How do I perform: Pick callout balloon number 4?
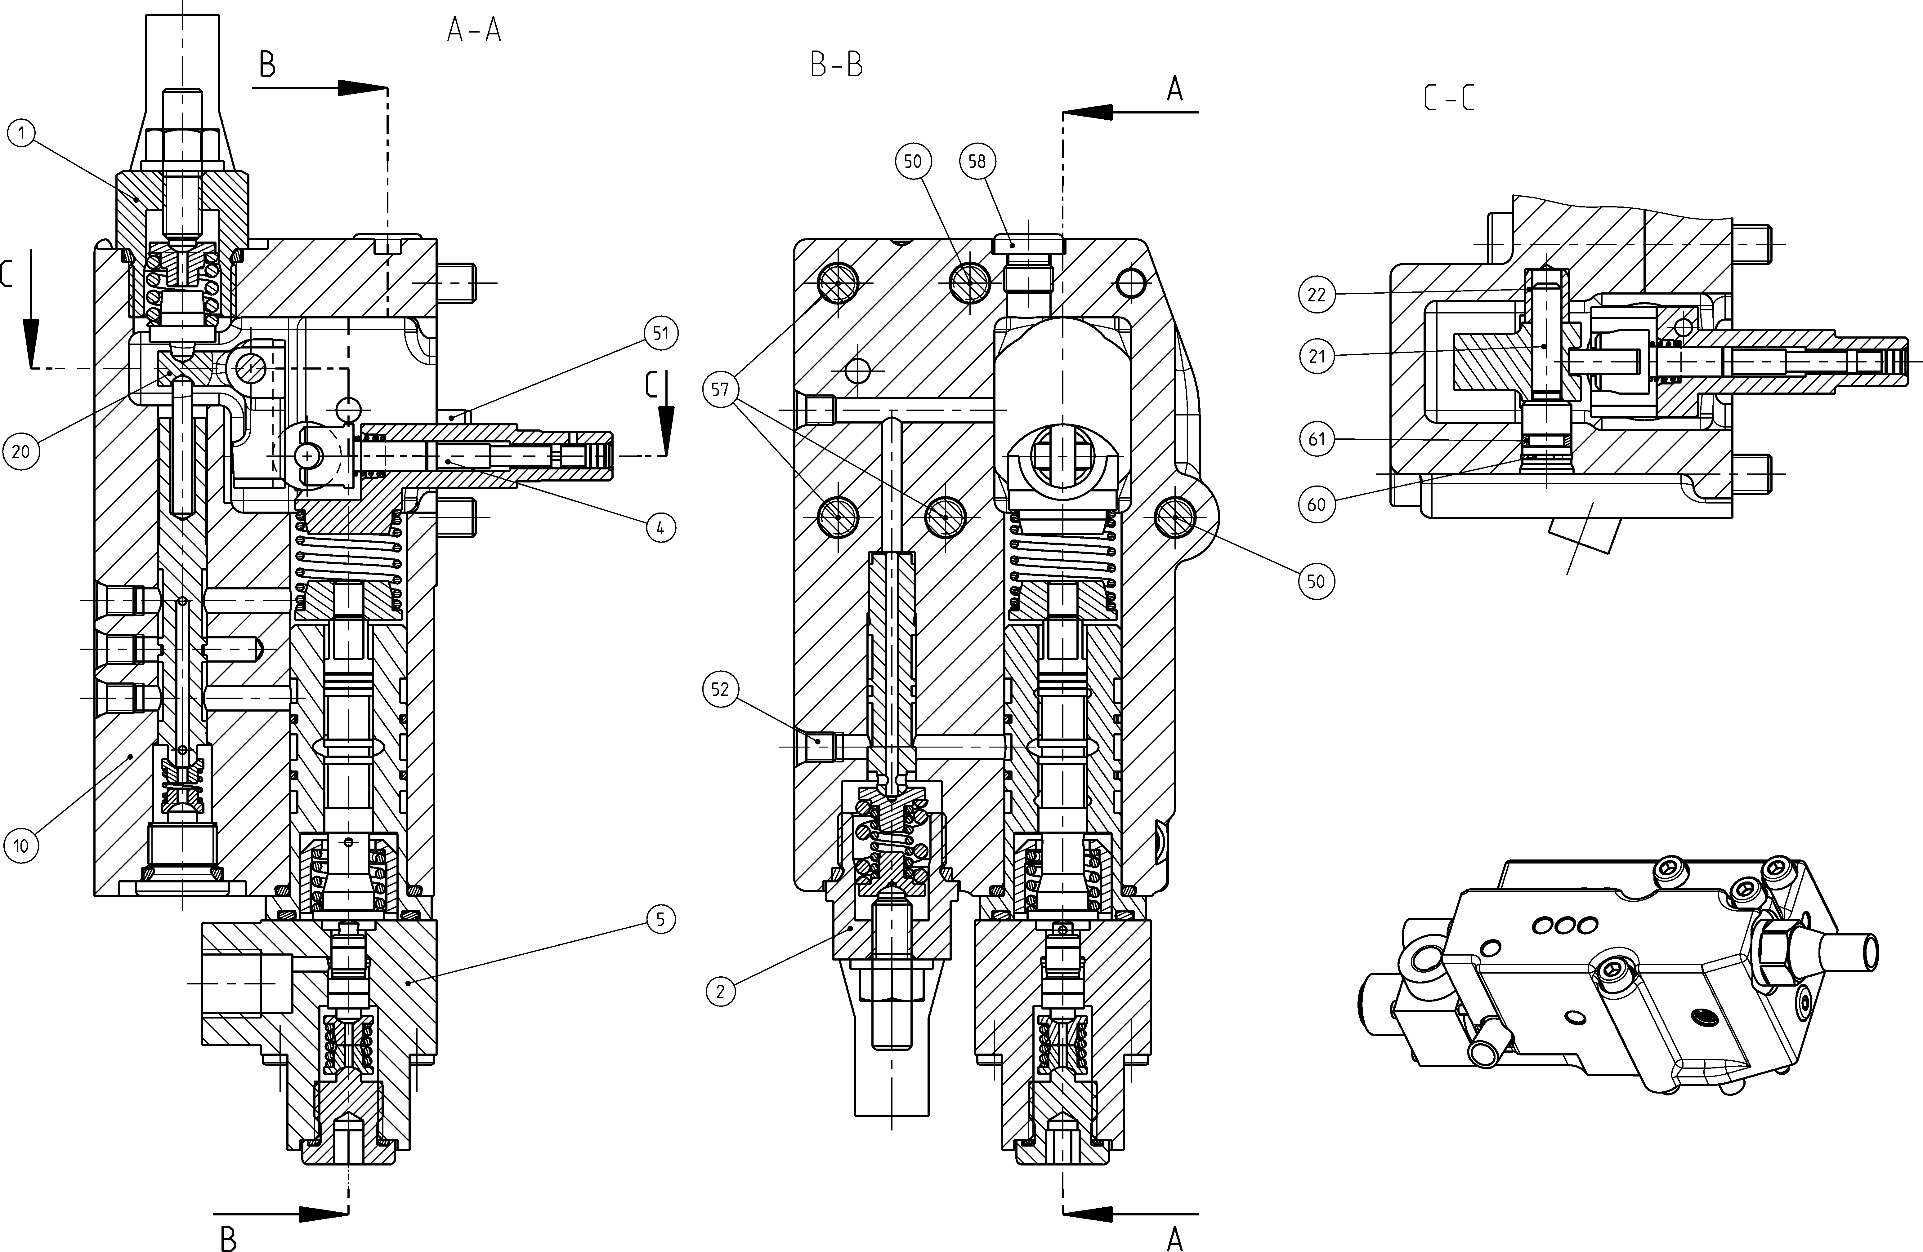click(661, 528)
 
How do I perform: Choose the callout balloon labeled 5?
click(661, 919)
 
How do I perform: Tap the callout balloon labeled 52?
click(720, 689)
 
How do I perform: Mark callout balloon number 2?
click(720, 991)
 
